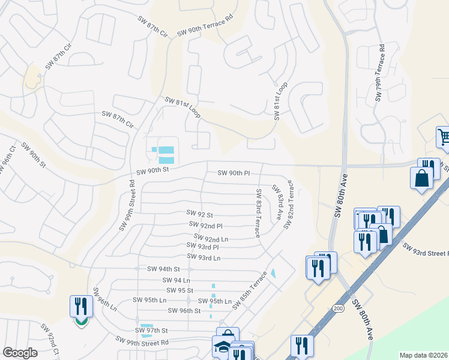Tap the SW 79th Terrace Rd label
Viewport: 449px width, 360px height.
(x=379, y=73)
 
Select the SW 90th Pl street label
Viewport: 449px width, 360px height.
(x=234, y=173)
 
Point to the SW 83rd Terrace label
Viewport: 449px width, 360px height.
(x=258, y=213)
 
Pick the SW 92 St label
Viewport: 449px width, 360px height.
(x=200, y=213)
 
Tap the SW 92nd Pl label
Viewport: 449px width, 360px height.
(x=205, y=226)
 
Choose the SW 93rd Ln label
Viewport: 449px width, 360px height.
(x=204, y=257)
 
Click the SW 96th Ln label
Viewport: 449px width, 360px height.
(x=104, y=298)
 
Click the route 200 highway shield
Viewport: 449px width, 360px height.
(x=338, y=307)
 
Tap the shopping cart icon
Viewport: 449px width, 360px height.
(x=443, y=137)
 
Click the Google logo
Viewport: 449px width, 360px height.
(x=20, y=353)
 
